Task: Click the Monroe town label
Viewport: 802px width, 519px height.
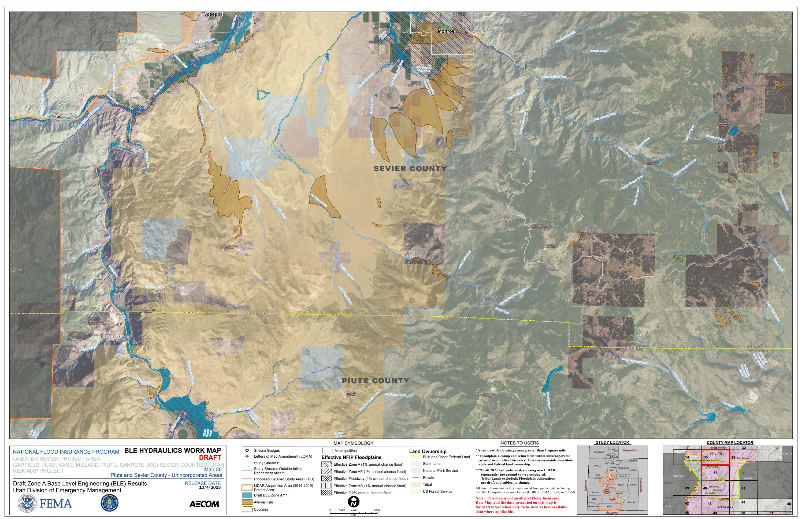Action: (446, 31)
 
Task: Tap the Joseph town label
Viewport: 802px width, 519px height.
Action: (212, 14)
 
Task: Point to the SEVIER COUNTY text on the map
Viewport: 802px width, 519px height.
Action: (410, 169)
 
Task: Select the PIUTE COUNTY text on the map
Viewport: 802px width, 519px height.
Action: (375, 381)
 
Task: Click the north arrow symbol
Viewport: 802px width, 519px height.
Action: (354, 502)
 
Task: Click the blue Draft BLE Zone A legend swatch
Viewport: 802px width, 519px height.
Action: (247, 495)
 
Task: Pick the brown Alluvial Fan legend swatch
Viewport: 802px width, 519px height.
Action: (247, 502)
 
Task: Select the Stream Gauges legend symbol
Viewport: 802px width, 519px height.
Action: (247, 450)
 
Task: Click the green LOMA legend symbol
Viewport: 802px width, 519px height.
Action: (247, 456)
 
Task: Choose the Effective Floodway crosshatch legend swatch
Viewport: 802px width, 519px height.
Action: (326, 479)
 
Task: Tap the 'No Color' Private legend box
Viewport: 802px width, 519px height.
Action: (416, 477)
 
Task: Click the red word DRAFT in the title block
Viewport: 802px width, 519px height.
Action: (210, 457)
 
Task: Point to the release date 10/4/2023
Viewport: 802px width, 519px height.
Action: (210, 487)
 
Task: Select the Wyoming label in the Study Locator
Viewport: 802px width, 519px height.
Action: (630, 450)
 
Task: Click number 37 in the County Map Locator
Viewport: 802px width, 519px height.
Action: (715, 473)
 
